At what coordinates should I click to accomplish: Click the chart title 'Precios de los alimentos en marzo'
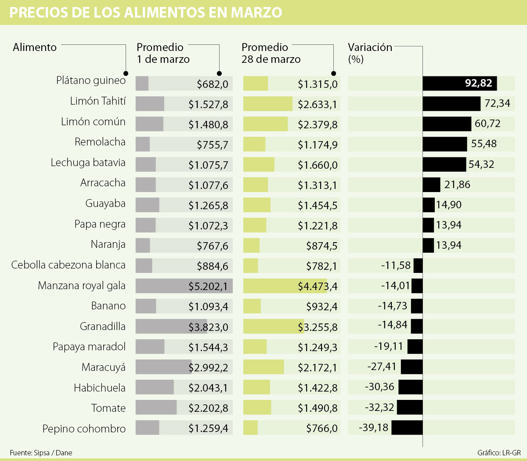coord(145,12)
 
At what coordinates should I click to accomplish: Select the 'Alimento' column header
coord(35,47)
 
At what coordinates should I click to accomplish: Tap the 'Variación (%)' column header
coord(369,52)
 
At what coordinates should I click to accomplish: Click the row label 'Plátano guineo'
coord(91,80)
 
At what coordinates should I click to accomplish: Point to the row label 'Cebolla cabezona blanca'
coord(69,265)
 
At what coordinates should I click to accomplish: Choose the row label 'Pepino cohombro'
coord(84,428)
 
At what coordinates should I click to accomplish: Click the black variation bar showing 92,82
coord(459,83)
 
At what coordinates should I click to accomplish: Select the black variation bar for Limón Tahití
coord(451,104)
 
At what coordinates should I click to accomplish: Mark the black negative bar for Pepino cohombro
coord(407,428)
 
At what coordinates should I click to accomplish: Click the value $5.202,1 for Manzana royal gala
coord(208,287)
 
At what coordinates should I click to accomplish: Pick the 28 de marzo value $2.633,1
coord(318,105)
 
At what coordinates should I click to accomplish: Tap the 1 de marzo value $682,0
coord(213,84)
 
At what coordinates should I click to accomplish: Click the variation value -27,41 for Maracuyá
coord(382,367)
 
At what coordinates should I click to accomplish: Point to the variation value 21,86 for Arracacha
coord(457,185)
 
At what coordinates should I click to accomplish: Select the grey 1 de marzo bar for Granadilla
coord(171,327)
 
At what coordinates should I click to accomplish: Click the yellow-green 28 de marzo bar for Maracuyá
coord(263,367)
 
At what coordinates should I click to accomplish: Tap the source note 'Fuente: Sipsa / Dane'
coord(41,453)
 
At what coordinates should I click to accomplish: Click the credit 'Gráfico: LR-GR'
coord(499,453)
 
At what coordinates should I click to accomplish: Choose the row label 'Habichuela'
coord(100,388)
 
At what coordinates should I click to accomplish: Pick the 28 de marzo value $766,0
coord(322,428)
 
